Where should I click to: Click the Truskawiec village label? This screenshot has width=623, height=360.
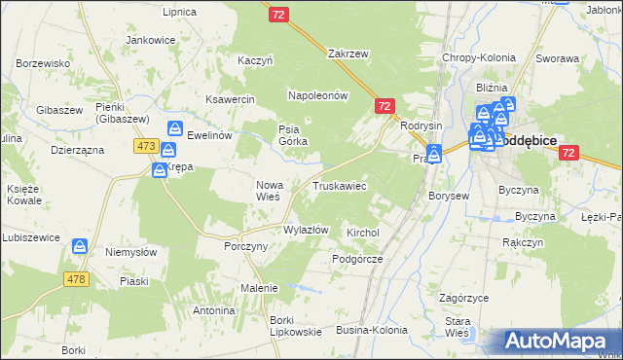point(339,185)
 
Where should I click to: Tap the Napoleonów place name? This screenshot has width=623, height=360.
point(317,95)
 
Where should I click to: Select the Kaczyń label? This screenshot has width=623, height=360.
point(255,60)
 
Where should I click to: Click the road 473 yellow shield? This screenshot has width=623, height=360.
point(146,146)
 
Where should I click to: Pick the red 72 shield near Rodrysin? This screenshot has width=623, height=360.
point(385,106)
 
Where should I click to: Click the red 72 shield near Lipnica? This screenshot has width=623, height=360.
point(279,15)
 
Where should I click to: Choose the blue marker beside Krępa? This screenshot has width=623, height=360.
point(159,170)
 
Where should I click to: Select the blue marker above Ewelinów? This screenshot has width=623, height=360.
point(174,128)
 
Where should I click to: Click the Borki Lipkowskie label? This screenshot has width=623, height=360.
point(269,326)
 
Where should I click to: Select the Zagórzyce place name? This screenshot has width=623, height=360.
point(462,298)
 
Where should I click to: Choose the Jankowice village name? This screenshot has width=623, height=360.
point(151,40)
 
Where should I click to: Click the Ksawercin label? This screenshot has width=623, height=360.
point(230,99)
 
